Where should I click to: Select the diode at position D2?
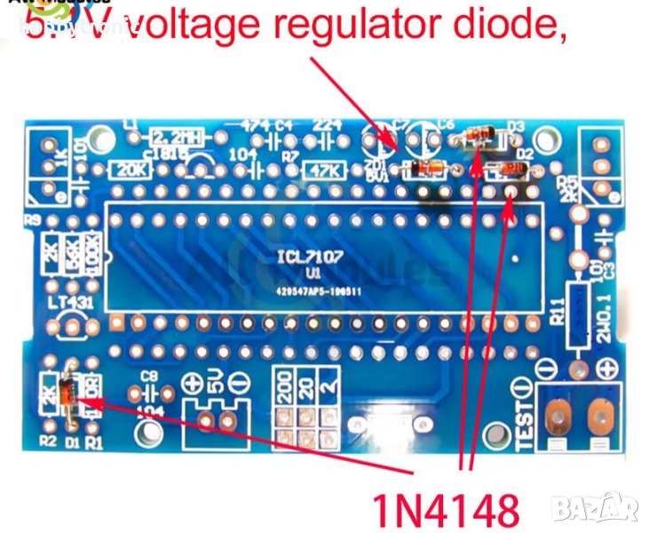click(509, 170)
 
